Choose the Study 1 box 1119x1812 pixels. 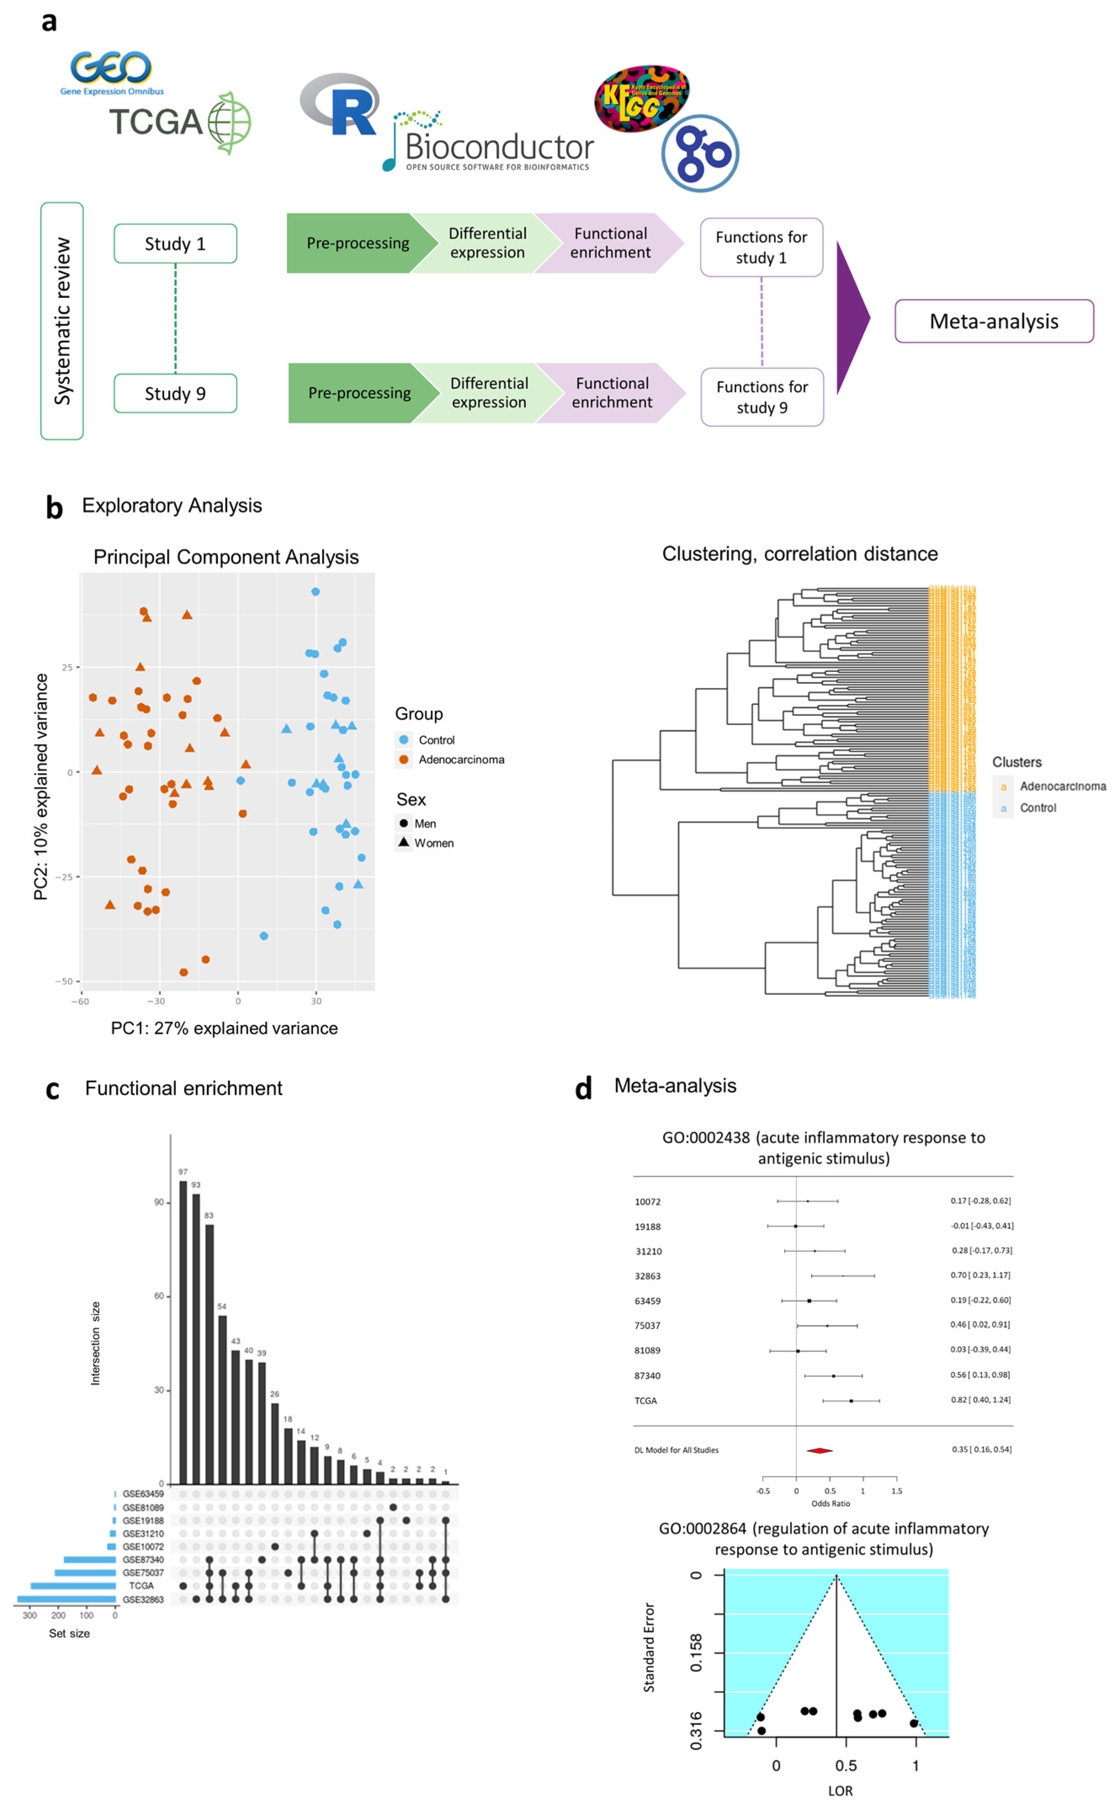pyautogui.click(x=175, y=244)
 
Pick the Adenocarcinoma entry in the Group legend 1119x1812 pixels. pyautogui.click(x=460, y=760)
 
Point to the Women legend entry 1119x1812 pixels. pyautogui.click(x=433, y=842)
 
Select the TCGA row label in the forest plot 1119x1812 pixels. pyautogui.click(x=645, y=1400)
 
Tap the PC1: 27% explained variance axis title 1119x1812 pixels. pyautogui.click(x=224, y=1028)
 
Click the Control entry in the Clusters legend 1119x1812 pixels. pyautogui.click(x=1037, y=808)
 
